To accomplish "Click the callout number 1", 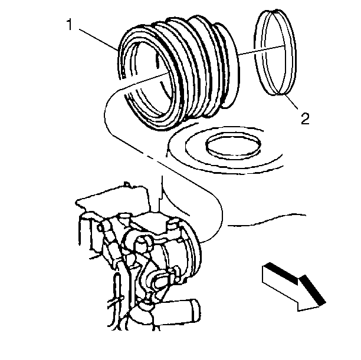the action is point(69,25).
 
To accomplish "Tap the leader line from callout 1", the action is point(99,39).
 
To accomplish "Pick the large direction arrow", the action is point(294,287).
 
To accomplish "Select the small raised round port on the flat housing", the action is point(233,144).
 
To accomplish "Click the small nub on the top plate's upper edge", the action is point(127,184).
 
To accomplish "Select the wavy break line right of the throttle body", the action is point(267,220).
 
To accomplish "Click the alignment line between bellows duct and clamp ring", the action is point(261,50).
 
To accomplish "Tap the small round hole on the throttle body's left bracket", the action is point(100,228).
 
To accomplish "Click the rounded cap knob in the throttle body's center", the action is point(143,244).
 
